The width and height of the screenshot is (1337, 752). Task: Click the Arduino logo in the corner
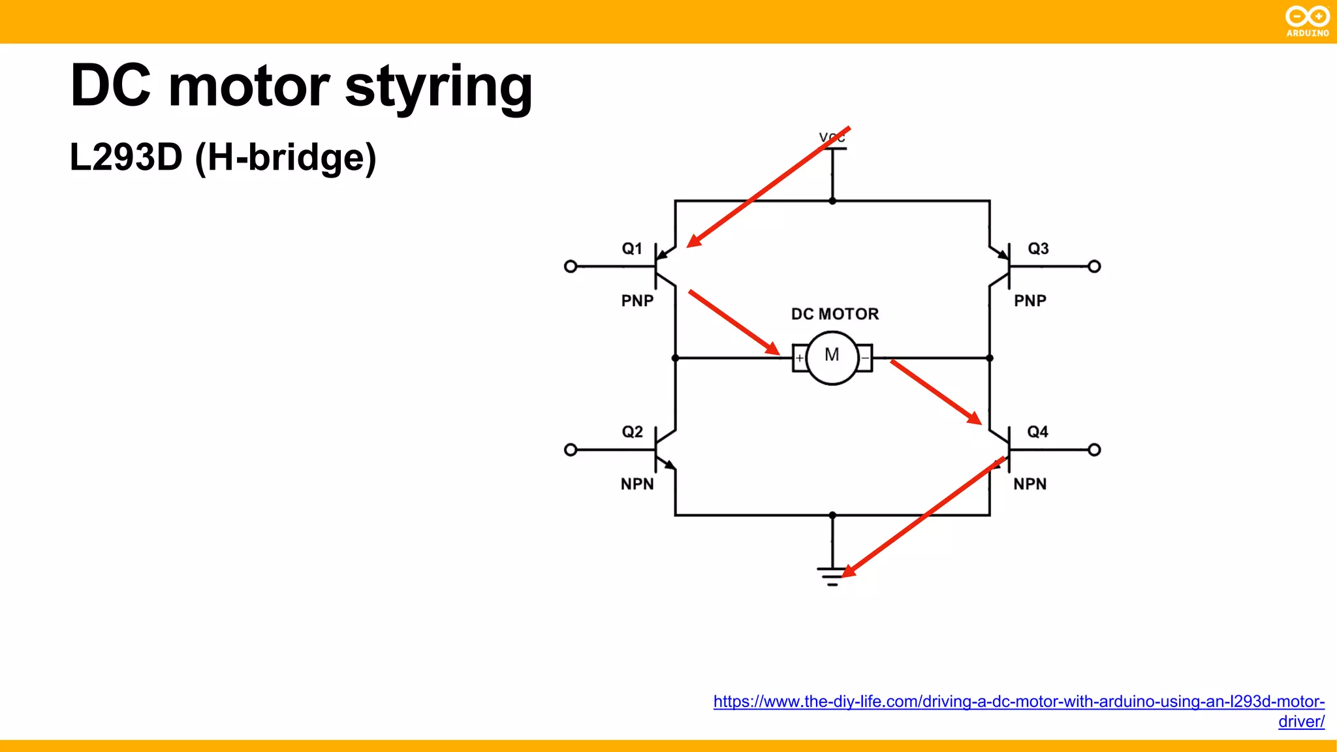point(1307,20)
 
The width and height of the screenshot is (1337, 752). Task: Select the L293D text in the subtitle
point(126,157)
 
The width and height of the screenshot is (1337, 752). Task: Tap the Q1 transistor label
point(632,249)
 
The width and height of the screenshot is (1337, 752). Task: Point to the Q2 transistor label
point(632,432)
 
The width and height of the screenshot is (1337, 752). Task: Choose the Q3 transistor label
point(1038,249)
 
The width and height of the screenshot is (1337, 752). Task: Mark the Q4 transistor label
point(1037,432)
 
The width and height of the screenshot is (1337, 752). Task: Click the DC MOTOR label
point(835,314)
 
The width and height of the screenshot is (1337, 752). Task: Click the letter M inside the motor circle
point(832,355)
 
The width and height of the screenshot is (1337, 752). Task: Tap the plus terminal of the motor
point(800,358)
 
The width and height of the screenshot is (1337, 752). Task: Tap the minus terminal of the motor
point(864,358)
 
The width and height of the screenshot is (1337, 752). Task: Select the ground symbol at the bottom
point(832,576)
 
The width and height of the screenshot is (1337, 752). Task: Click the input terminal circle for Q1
point(571,266)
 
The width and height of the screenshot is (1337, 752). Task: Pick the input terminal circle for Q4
point(1095,450)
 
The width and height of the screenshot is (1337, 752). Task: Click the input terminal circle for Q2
point(571,450)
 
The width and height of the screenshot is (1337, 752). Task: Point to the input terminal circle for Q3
point(1095,266)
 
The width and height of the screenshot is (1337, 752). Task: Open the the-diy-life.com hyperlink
point(1018,702)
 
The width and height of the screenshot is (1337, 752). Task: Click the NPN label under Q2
point(637,484)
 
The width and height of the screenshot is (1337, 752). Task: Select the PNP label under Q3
point(1030,301)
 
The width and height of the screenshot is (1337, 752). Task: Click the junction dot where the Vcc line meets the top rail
point(832,201)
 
